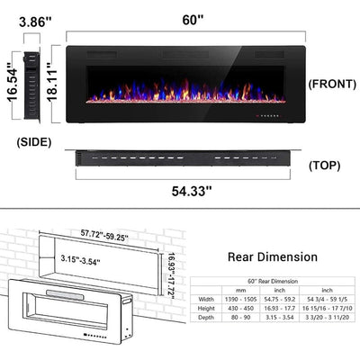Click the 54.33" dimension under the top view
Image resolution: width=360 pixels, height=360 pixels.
coord(187,190)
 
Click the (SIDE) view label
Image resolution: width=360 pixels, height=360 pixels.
coord(34,140)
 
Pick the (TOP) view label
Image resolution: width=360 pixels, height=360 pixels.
coord(326,166)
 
